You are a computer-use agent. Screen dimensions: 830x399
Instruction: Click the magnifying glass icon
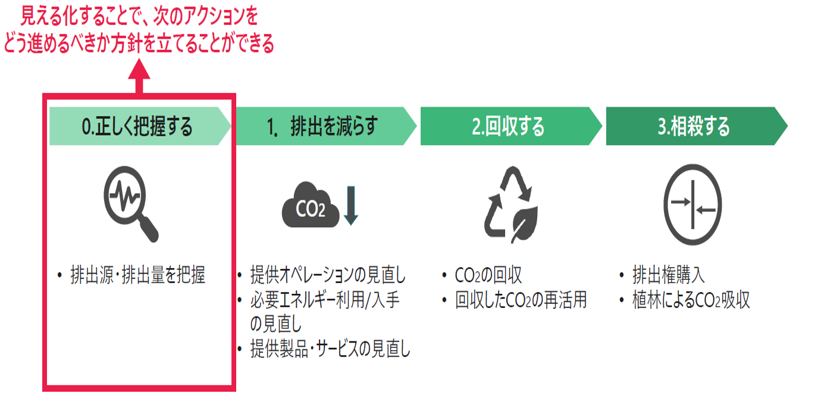tap(131, 202)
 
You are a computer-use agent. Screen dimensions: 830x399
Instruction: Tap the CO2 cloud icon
tap(311, 208)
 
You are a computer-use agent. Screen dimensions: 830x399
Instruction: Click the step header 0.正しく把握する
tap(138, 126)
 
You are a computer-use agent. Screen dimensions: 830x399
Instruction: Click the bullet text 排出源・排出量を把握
tap(137, 277)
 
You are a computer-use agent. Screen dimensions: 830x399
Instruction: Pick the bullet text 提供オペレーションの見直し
tap(328, 276)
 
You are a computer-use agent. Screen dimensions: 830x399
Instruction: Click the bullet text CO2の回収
tap(488, 276)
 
